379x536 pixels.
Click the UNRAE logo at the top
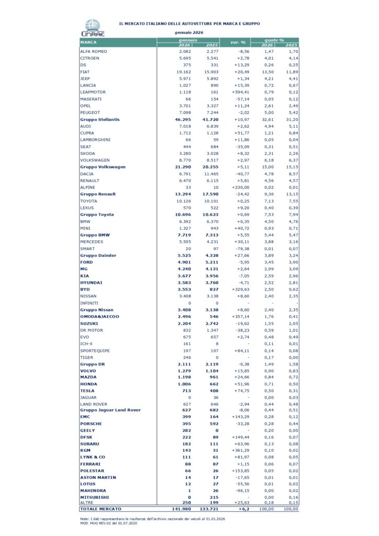click(93, 28)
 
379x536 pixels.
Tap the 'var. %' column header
click(238, 42)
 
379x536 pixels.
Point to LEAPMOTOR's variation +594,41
click(240, 92)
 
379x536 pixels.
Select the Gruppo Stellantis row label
click(99, 119)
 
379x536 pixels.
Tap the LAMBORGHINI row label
click(94, 140)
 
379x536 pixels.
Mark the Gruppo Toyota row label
click(96, 215)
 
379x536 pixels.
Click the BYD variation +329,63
click(240, 289)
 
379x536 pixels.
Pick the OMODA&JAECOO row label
click(99, 317)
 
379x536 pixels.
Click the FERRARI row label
click(90, 464)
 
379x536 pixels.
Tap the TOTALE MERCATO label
click(101, 508)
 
